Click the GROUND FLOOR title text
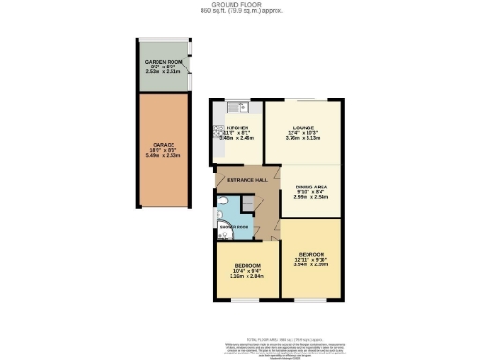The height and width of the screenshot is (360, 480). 239,5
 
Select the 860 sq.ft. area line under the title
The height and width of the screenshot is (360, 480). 239,12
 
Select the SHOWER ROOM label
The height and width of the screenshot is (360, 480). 232,228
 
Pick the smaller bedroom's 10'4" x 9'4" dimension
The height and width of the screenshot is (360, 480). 246,272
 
